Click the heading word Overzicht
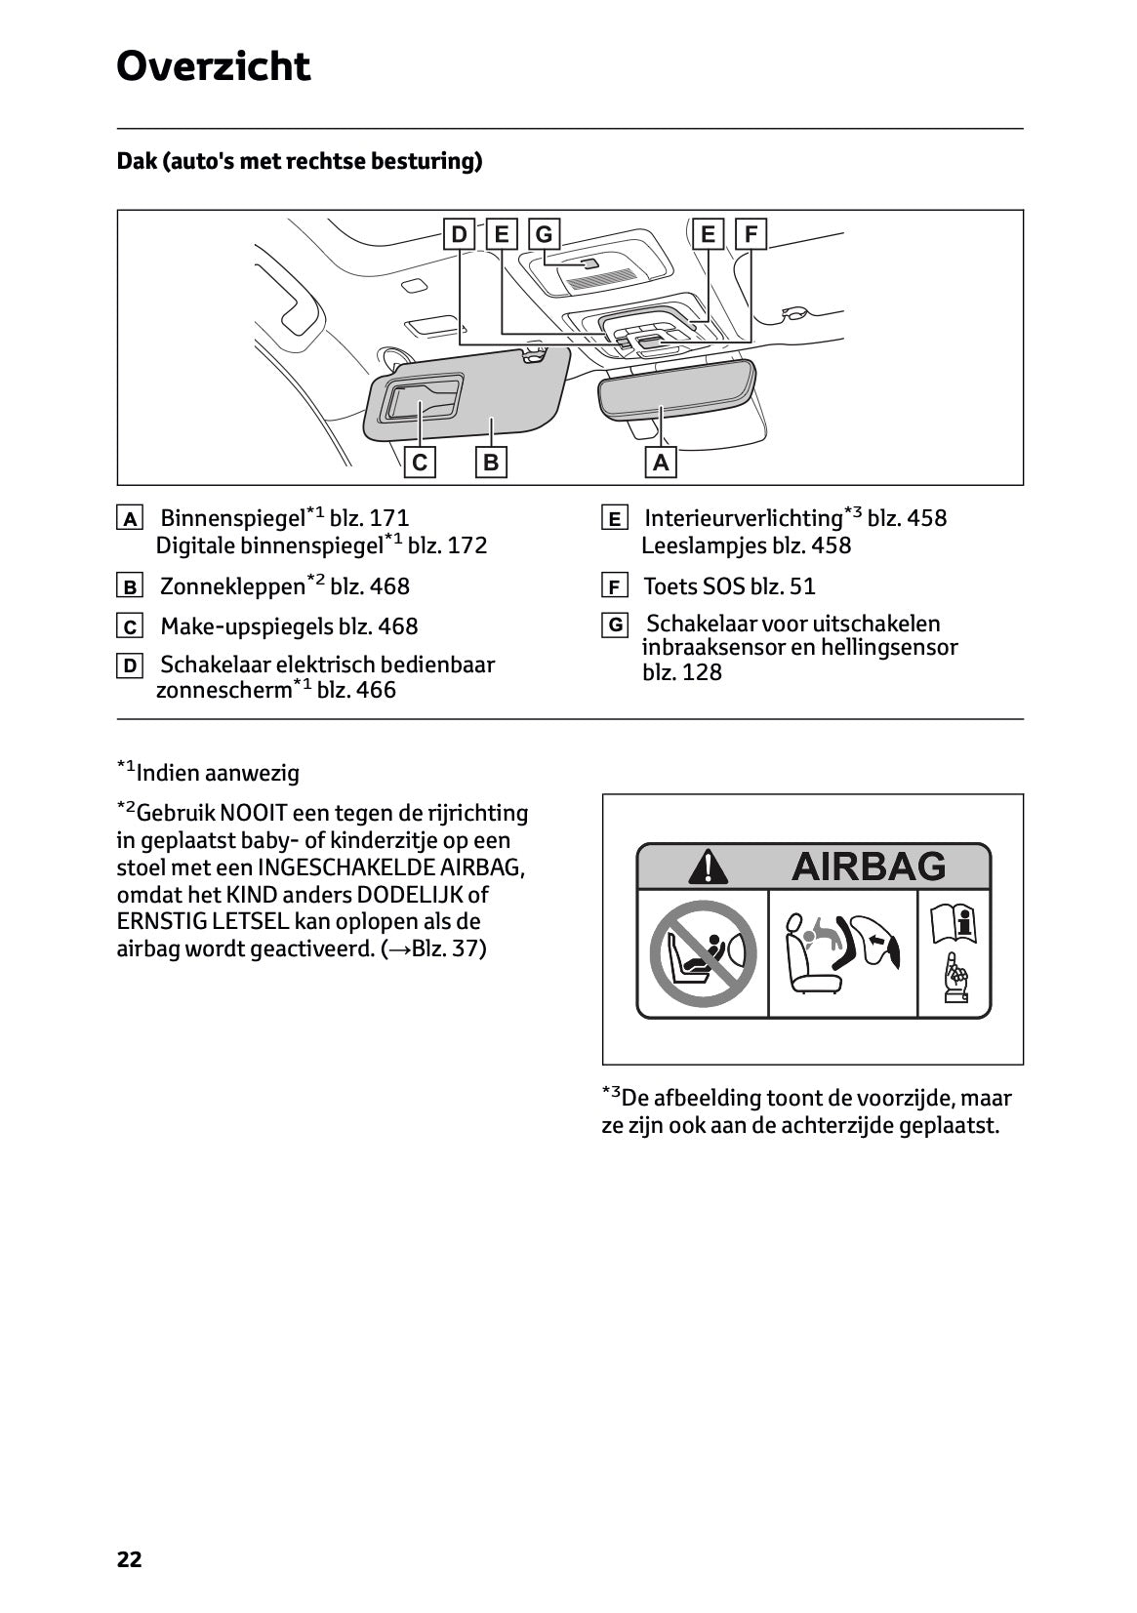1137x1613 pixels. point(213,66)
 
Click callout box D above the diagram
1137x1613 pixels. point(458,234)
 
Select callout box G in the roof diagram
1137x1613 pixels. point(544,234)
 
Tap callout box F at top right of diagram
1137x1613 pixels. point(751,234)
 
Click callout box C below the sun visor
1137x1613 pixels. point(420,462)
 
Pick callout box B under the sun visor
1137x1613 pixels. point(491,462)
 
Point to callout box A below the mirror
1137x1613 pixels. point(661,462)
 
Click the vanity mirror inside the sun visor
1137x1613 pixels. point(423,397)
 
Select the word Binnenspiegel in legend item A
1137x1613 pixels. point(232,518)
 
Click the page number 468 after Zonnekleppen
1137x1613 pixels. point(389,586)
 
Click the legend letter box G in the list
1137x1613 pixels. point(614,625)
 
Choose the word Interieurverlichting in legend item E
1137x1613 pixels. point(743,518)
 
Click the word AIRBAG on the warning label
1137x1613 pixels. point(868,866)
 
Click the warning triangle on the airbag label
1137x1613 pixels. point(707,867)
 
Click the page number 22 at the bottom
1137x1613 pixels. point(129,1559)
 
